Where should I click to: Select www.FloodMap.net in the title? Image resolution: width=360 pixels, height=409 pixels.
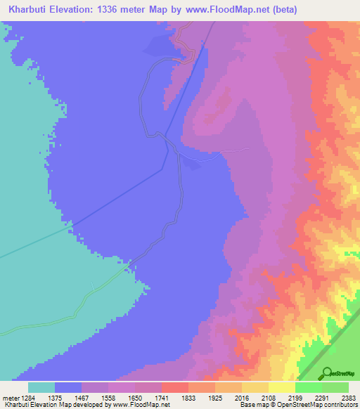click(x=219, y=9)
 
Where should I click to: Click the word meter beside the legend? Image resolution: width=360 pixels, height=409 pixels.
click(x=9, y=397)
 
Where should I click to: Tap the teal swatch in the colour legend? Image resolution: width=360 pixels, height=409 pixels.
click(x=41, y=387)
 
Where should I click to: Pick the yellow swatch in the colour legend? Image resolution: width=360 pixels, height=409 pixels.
click(x=281, y=387)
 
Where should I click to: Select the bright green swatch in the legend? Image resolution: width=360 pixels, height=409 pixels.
click(x=308, y=387)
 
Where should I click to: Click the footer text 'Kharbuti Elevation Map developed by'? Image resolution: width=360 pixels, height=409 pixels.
click(x=49, y=404)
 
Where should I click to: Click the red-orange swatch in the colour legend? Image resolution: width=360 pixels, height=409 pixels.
click(x=175, y=387)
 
